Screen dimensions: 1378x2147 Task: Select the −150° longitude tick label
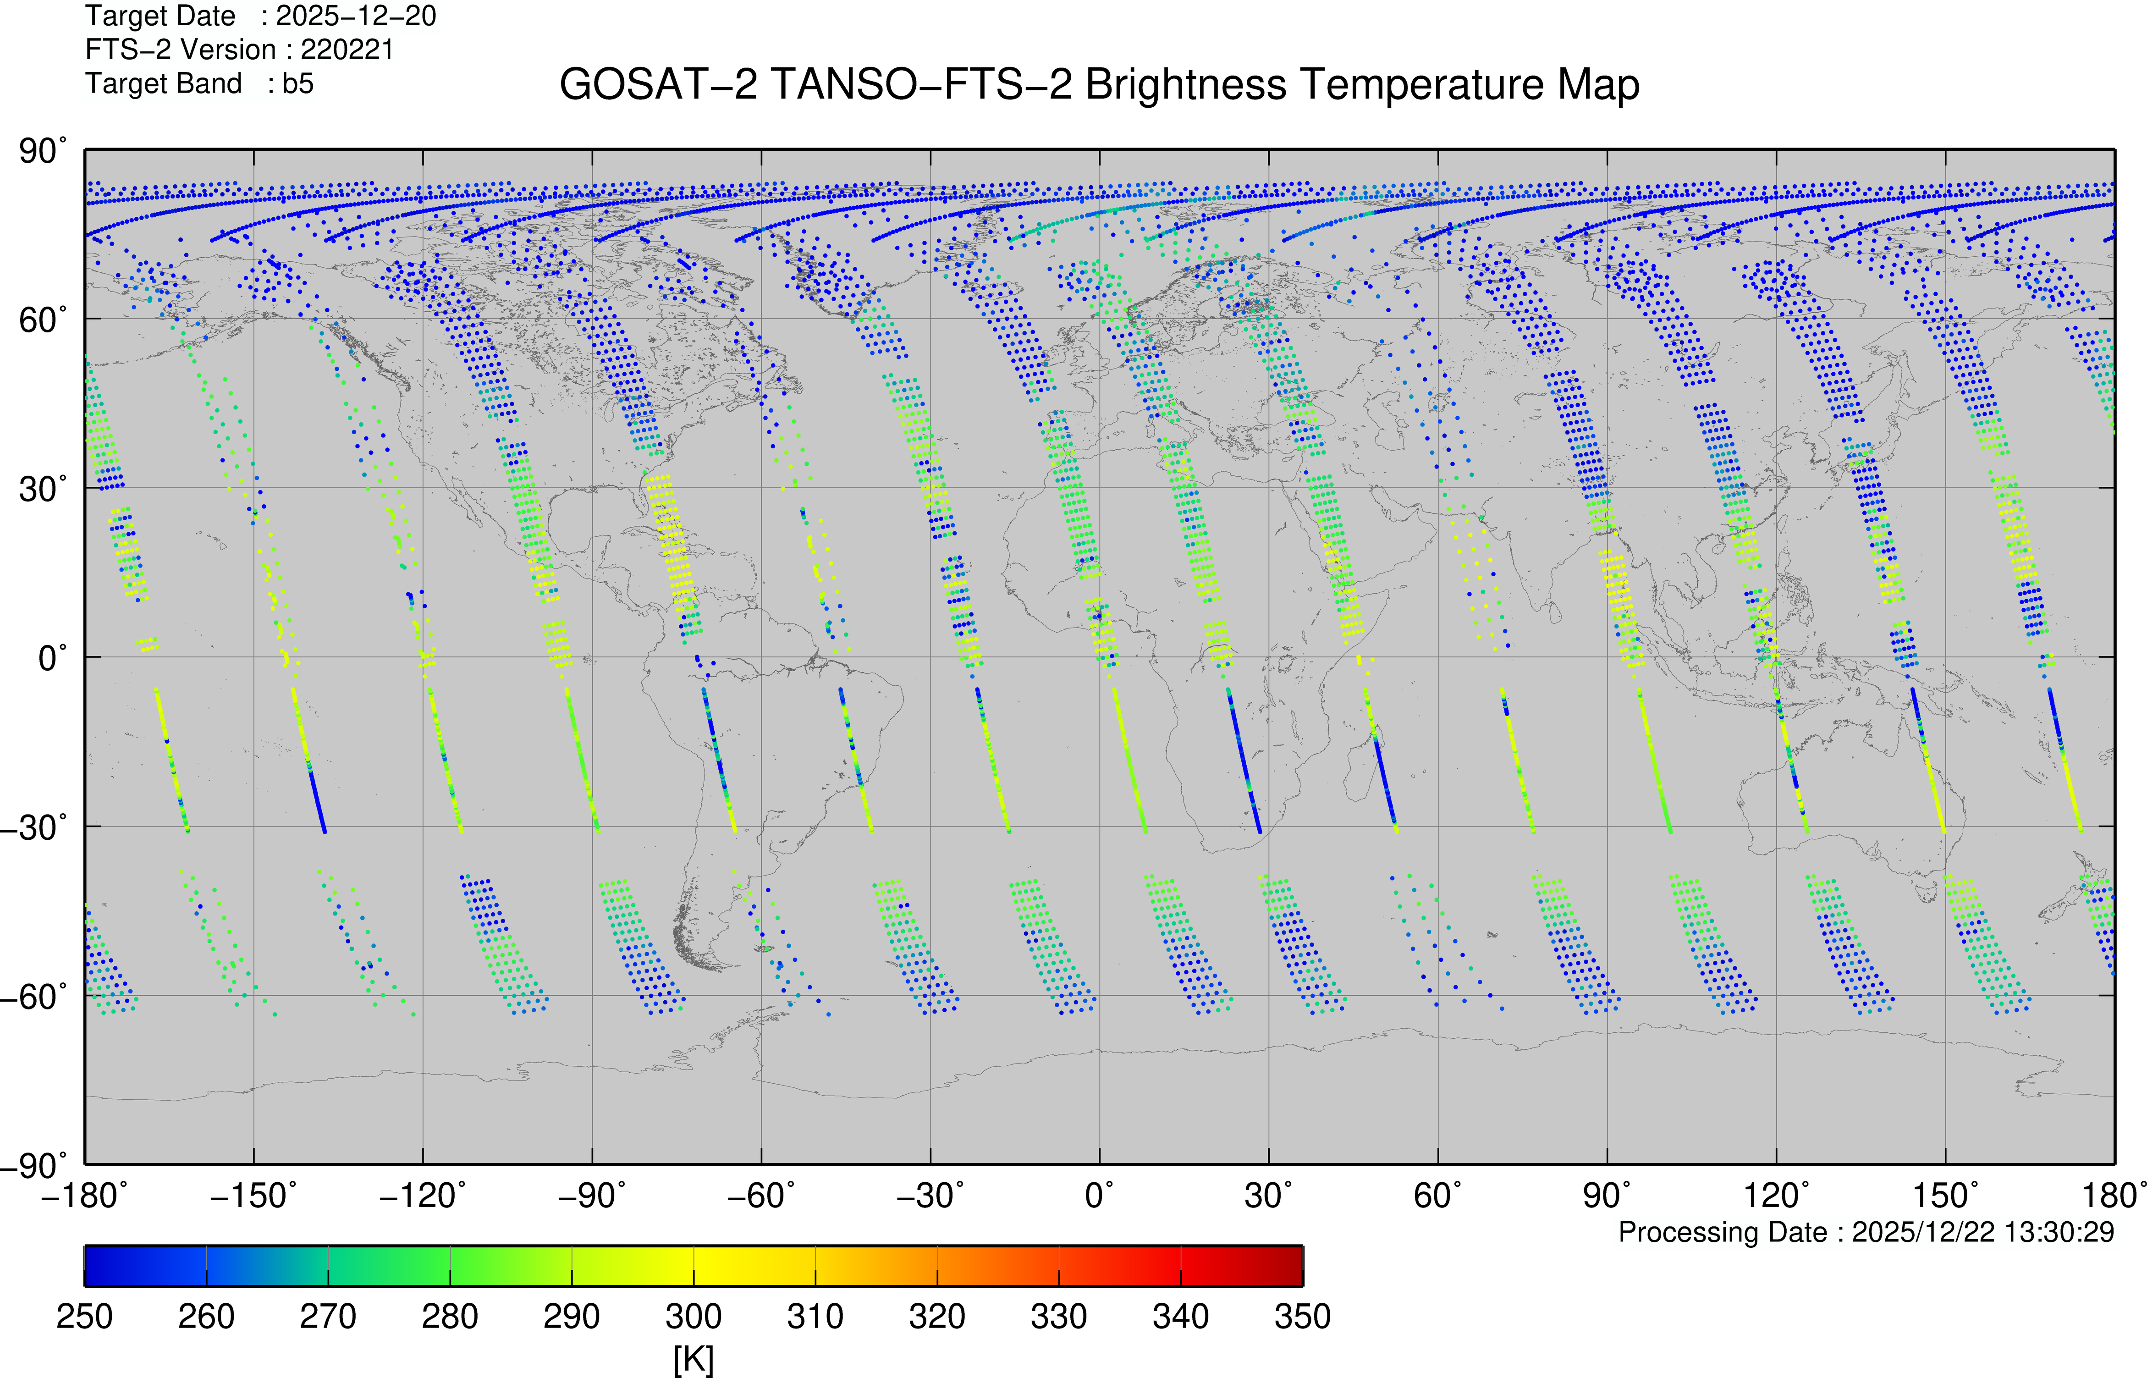253,1196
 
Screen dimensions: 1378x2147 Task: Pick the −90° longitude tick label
591,1196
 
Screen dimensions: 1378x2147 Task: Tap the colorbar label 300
694,1316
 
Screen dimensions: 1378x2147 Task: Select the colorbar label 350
1303,1316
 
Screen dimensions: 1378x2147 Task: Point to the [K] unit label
694,1359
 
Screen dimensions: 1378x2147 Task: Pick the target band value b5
298,83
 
